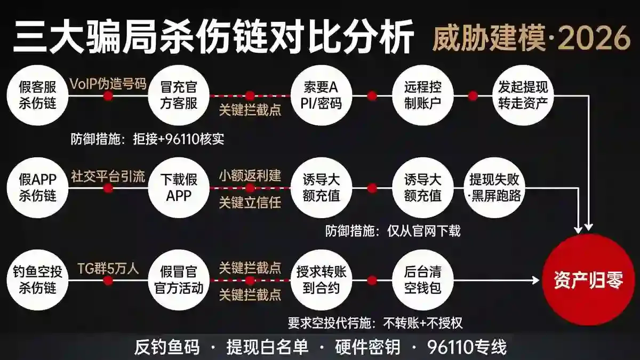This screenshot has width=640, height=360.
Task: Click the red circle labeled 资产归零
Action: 589,280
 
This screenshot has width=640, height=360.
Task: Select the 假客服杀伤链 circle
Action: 38,95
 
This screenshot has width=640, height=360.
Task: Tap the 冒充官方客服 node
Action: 179,95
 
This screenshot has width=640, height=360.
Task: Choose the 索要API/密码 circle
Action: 322,95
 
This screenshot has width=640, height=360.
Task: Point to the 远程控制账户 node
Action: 423,95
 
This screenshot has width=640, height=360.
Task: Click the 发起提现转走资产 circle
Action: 523,95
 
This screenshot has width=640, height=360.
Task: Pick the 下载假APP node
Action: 179,188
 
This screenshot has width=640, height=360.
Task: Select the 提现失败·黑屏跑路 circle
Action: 495,188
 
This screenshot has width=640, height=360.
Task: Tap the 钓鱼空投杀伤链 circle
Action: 38,280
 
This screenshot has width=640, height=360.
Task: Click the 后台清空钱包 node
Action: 423,280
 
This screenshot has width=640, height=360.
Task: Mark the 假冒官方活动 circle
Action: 179,280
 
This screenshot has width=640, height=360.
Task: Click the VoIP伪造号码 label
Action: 108,84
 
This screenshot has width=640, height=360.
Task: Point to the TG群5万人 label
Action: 108,269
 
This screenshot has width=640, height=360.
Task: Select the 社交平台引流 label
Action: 108,177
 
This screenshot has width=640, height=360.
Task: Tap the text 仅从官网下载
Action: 424,230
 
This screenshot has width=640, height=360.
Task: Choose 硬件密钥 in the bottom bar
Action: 367,347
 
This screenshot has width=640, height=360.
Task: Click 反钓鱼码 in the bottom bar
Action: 167,347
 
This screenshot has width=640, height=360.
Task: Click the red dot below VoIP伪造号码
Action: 108,95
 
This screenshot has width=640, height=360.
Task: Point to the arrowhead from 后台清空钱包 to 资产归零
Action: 535,280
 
